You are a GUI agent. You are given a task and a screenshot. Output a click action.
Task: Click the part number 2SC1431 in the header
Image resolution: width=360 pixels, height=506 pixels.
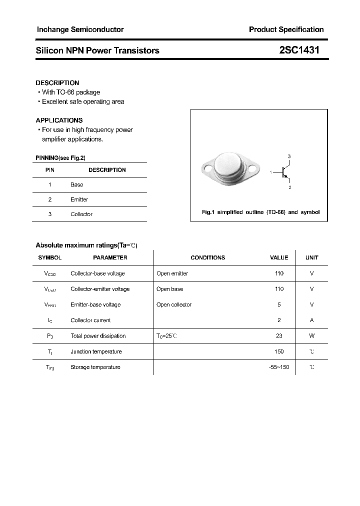point(299,50)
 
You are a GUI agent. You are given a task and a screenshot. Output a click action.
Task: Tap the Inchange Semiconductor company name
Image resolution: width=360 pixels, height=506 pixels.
point(80,29)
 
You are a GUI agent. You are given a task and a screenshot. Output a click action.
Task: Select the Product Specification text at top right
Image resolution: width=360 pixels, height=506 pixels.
point(286,29)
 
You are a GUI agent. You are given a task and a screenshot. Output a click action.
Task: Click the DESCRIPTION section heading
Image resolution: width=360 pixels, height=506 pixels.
point(57,82)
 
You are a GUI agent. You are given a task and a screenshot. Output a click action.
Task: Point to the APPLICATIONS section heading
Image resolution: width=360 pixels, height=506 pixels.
point(59,120)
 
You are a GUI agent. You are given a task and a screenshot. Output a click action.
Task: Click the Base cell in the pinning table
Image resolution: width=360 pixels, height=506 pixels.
point(77,184)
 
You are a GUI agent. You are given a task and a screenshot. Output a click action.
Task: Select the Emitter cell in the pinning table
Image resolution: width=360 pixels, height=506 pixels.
point(79,199)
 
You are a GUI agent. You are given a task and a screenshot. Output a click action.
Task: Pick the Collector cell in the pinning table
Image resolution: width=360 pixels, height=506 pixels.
point(81,214)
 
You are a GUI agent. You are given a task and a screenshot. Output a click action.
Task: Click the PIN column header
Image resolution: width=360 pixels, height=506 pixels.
point(50,170)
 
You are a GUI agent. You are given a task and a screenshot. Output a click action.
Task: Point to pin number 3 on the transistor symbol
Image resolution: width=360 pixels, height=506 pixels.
point(289,156)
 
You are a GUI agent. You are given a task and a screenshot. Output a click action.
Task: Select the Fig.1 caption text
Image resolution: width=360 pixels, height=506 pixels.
point(260,212)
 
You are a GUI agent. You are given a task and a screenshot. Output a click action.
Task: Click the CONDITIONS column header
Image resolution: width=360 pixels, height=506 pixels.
point(207,257)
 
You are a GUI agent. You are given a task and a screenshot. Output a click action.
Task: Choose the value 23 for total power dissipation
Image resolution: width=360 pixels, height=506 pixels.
point(279,336)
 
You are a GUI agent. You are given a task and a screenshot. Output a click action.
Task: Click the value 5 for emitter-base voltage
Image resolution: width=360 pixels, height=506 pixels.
point(279,304)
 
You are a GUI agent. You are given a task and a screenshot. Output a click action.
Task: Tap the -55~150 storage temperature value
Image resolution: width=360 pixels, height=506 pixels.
point(279,367)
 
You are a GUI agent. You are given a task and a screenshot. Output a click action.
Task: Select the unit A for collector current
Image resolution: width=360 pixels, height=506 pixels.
point(311,320)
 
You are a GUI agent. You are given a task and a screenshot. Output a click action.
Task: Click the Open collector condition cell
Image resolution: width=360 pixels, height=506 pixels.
point(174,304)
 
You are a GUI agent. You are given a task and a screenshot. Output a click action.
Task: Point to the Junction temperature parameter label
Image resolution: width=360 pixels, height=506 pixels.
point(96,351)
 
